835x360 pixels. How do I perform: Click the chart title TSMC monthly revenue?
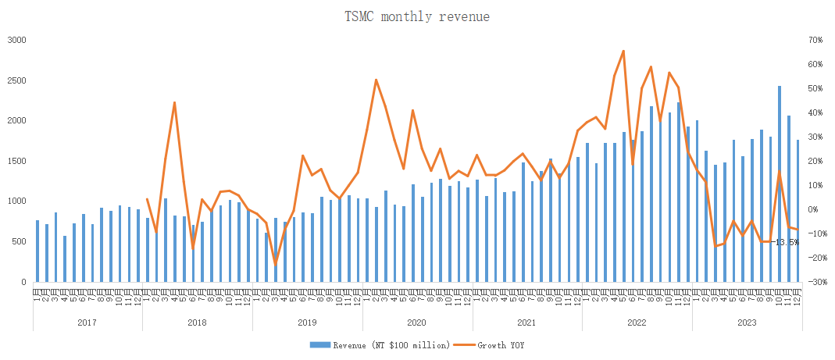coord(417,16)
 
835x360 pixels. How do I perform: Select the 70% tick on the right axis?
coord(817,40)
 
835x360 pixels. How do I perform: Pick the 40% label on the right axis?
coord(817,112)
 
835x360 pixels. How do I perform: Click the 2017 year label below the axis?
coord(87,322)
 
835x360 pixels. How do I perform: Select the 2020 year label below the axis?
coord(417,322)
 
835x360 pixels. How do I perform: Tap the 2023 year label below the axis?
coord(747,322)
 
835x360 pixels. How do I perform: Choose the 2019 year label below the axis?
coord(307,322)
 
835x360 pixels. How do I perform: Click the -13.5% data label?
coord(787,242)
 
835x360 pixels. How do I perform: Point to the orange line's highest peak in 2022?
coord(623,51)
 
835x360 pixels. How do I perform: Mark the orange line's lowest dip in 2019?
coord(275,264)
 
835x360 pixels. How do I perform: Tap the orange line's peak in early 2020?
coord(376,80)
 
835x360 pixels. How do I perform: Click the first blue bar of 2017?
coord(37,251)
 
